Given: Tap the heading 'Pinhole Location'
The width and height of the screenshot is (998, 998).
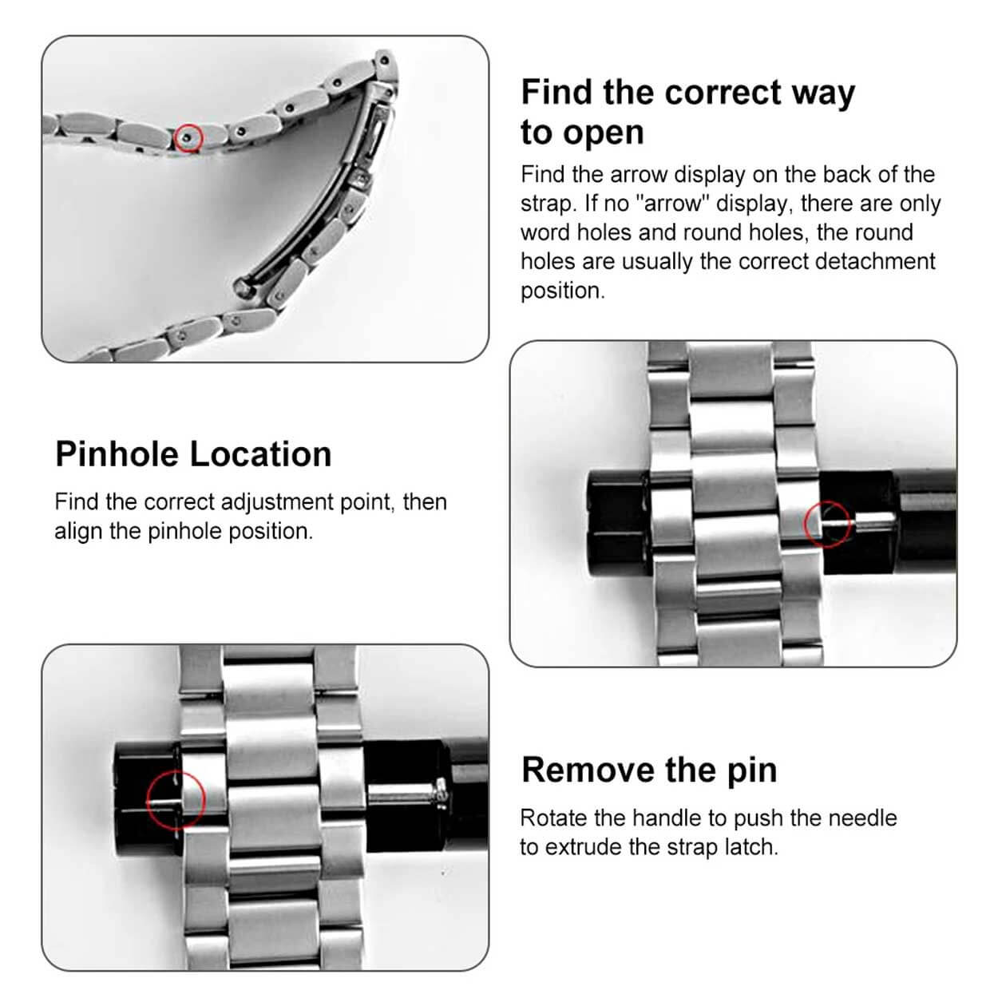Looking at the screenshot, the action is [x=193, y=454].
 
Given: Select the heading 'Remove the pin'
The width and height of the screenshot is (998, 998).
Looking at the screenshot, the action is [x=649, y=770].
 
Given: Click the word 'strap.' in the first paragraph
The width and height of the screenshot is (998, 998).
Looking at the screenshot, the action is [x=549, y=204].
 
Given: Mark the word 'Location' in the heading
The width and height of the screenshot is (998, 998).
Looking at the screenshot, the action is [x=261, y=454].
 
